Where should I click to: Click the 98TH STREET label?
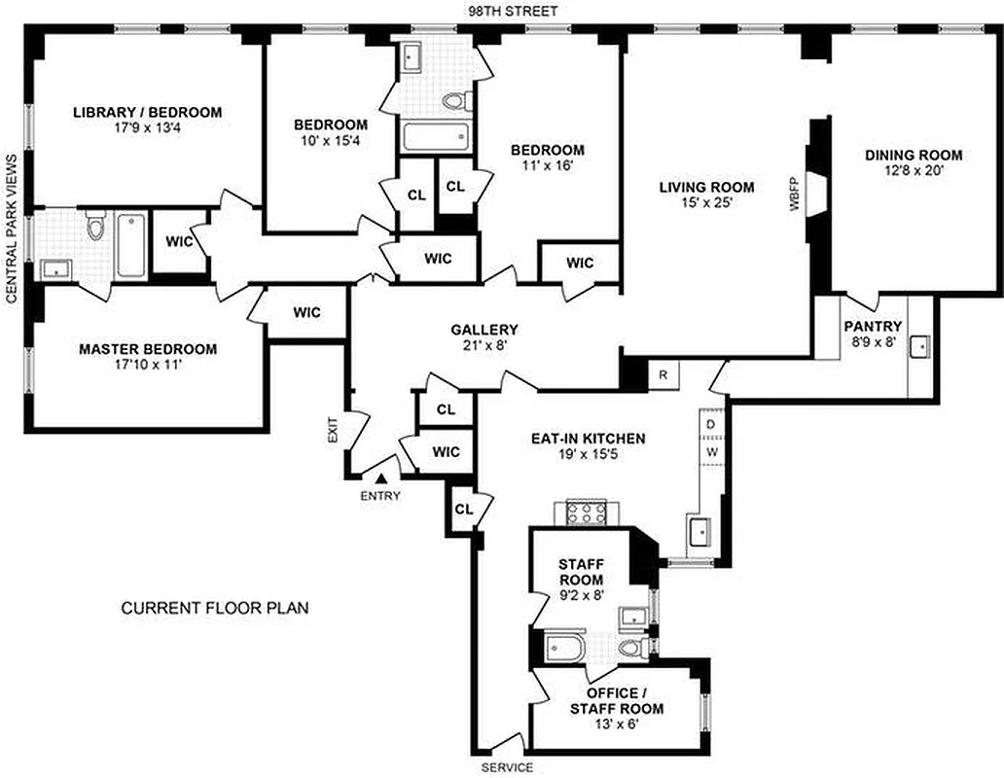(x=501, y=10)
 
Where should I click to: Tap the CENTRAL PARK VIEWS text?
(x=12, y=229)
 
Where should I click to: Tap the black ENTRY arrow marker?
(x=381, y=477)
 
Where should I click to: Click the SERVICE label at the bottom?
(x=507, y=767)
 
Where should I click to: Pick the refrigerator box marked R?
(x=662, y=373)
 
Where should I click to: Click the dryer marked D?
(x=710, y=424)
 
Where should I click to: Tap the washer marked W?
(x=710, y=451)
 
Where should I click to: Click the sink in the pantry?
(x=918, y=346)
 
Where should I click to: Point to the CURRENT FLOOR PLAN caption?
(x=214, y=609)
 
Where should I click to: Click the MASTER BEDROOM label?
(x=148, y=349)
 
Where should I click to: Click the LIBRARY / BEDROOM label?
(x=148, y=112)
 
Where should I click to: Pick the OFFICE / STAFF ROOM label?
(x=617, y=700)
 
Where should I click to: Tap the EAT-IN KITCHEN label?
(x=588, y=439)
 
